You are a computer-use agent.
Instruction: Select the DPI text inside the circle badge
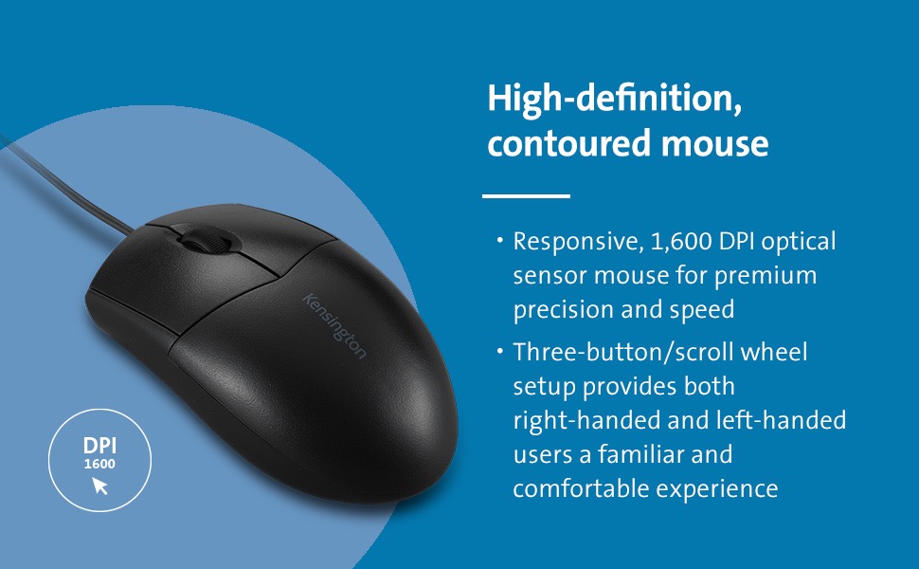(x=99, y=447)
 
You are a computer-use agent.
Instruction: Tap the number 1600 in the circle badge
(x=99, y=465)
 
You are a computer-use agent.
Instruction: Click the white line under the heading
(x=526, y=196)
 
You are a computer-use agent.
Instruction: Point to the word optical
(x=800, y=242)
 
